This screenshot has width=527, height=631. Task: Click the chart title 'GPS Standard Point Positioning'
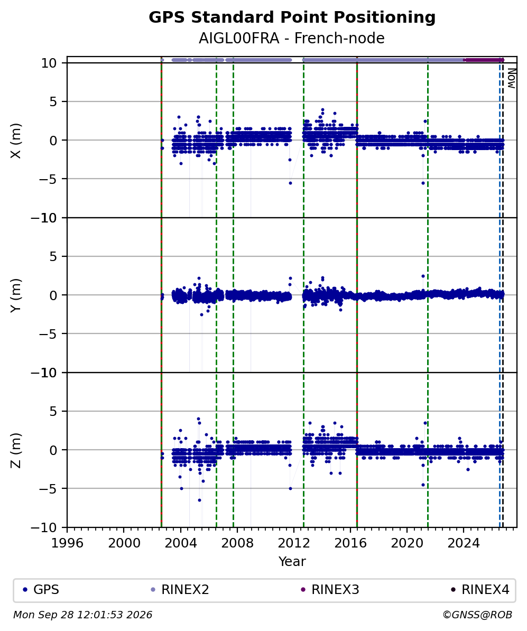tap(292, 18)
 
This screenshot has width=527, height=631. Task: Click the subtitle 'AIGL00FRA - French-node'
tap(291, 39)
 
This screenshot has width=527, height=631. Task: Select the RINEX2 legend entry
tap(180, 590)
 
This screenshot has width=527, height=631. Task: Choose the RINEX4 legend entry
tap(480, 590)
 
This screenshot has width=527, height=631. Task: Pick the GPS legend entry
tap(41, 590)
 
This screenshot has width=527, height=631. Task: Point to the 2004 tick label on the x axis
tap(180, 543)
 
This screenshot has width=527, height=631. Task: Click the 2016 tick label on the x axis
tap(350, 543)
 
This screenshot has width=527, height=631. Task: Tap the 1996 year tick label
tap(67, 543)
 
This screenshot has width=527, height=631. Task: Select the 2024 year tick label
tap(464, 543)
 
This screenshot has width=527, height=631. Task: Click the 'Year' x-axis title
tap(292, 561)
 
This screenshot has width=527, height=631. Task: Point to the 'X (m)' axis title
tap(15, 141)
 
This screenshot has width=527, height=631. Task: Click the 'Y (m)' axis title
tap(15, 295)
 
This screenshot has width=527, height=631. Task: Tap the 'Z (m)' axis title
tap(15, 450)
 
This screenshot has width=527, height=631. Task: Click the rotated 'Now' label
tap(511, 78)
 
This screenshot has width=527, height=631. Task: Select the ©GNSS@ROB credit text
tap(477, 615)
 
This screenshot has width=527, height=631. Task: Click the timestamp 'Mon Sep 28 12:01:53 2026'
tap(82, 615)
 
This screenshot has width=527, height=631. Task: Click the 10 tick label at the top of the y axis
tap(49, 63)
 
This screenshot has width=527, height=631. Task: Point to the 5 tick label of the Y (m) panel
tap(53, 256)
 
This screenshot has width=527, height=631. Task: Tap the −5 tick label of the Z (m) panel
tap(48, 488)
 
